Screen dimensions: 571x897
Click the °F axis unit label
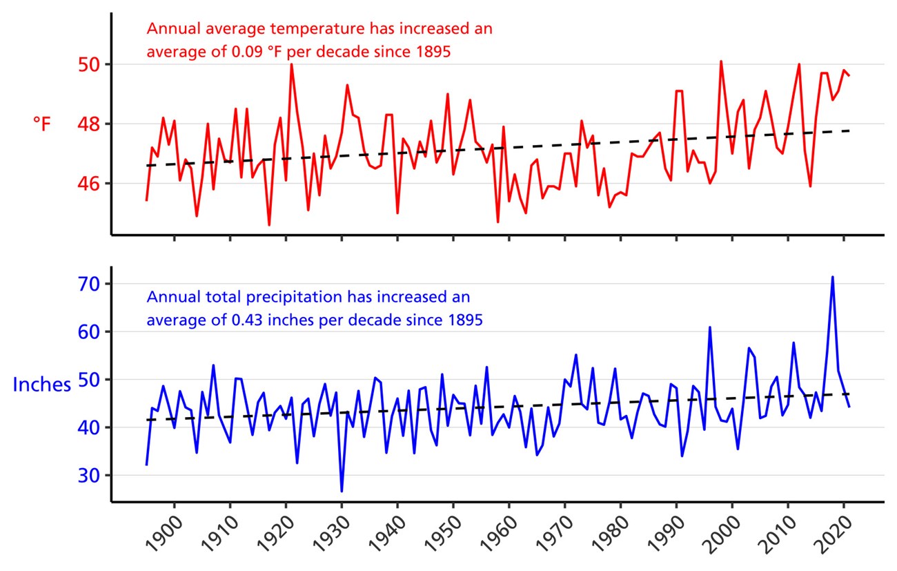coord(42,124)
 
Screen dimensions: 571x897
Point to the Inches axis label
coord(41,385)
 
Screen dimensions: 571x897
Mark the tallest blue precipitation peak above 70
coord(833,277)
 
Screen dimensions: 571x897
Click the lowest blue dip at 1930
coord(342,491)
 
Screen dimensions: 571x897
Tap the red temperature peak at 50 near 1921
coord(291,64)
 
